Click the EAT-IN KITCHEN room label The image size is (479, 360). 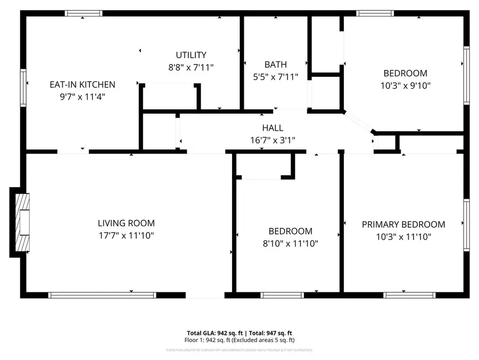[82, 84]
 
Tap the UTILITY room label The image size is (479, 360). [191, 55]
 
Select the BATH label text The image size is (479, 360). [275, 65]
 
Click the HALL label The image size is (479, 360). [272, 128]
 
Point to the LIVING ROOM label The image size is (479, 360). [126, 223]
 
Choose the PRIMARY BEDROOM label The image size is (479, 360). [403, 225]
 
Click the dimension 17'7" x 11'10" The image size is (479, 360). [126, 235]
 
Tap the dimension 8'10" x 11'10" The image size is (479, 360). [290, 243]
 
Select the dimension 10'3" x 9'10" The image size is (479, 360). [406, 85]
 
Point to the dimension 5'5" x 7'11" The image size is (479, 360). [275, 77]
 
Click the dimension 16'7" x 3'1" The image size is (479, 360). [272, 140]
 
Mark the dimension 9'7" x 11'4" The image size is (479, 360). [82, 97]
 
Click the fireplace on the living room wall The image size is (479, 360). [21, 222]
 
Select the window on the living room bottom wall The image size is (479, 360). [102, 294]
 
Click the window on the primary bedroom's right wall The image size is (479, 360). [466, 225]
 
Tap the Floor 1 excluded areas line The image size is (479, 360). [240, 340]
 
